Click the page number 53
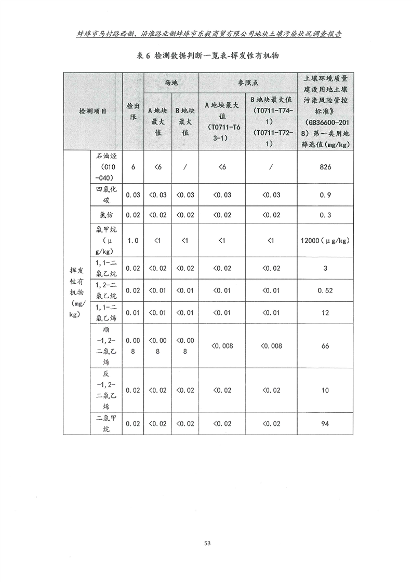[207, 543]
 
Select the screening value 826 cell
[325, 167]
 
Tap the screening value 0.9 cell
[325, 195]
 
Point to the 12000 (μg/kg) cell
[325, 241]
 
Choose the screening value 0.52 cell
[325, 290]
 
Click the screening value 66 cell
[325, 345]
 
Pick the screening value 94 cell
[325, 424]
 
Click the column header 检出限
[133, 112]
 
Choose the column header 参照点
[248, 82]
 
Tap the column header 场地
[171, 82]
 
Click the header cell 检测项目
[93, 112]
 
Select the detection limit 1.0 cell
[133, 241]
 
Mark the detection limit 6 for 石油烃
[133, 167]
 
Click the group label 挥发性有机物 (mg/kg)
[76, 292]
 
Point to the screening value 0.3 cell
[325, 215]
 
